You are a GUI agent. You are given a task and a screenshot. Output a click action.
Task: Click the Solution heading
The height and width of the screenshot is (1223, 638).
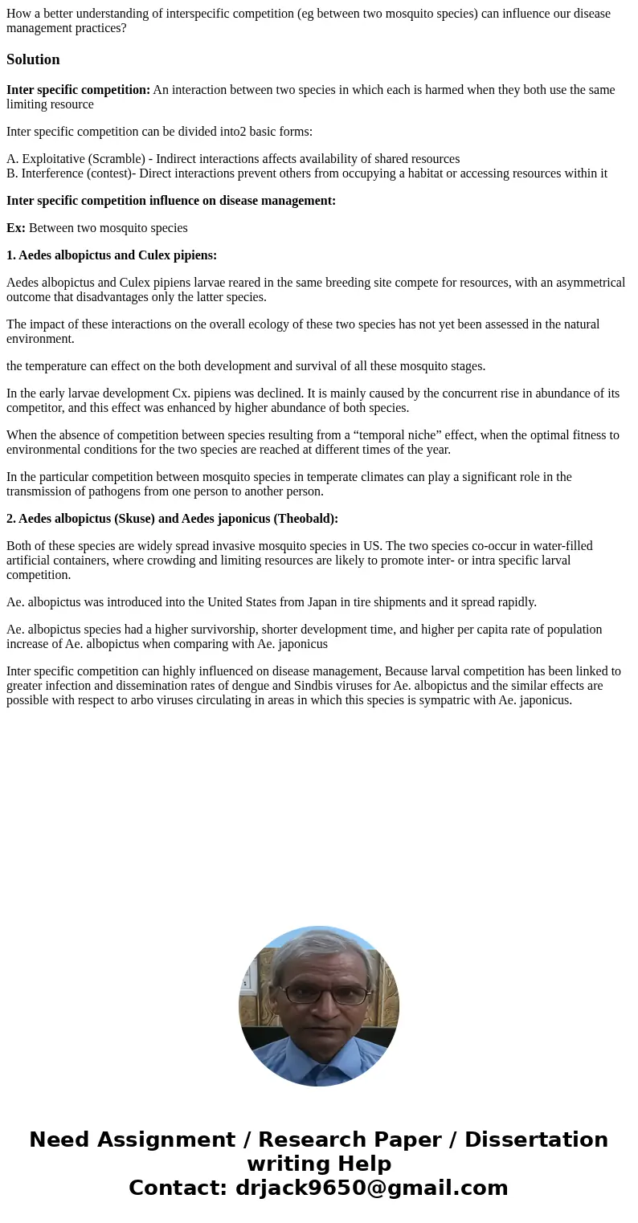click(x=33, y=59)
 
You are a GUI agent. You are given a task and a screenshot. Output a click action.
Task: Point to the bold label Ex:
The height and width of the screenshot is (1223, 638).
click(x=16, y=228)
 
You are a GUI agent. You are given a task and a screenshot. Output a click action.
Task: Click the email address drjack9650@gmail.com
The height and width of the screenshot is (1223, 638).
click(x=371, y=1188)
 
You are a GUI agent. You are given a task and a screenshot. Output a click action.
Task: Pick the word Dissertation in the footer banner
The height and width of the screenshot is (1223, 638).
click(x=536, y=1139)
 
